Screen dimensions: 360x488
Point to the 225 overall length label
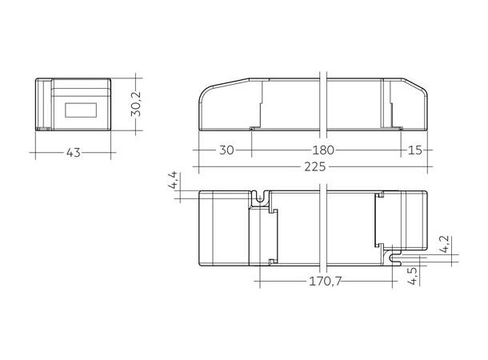316,166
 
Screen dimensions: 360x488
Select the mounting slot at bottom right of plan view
392,258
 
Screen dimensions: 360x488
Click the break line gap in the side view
323,104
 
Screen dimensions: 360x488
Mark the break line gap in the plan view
323,228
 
